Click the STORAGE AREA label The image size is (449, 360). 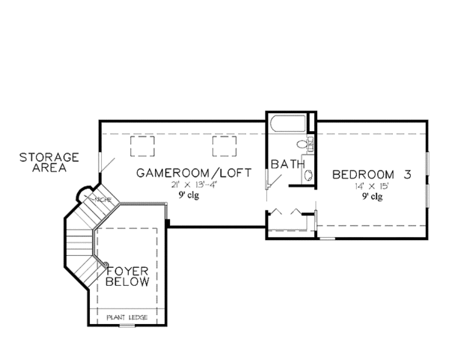49,162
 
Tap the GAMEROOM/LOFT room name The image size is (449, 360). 192,174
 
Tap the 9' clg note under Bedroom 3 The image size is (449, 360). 370,198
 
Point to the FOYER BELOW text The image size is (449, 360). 128,276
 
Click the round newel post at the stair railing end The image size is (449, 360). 108,263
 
